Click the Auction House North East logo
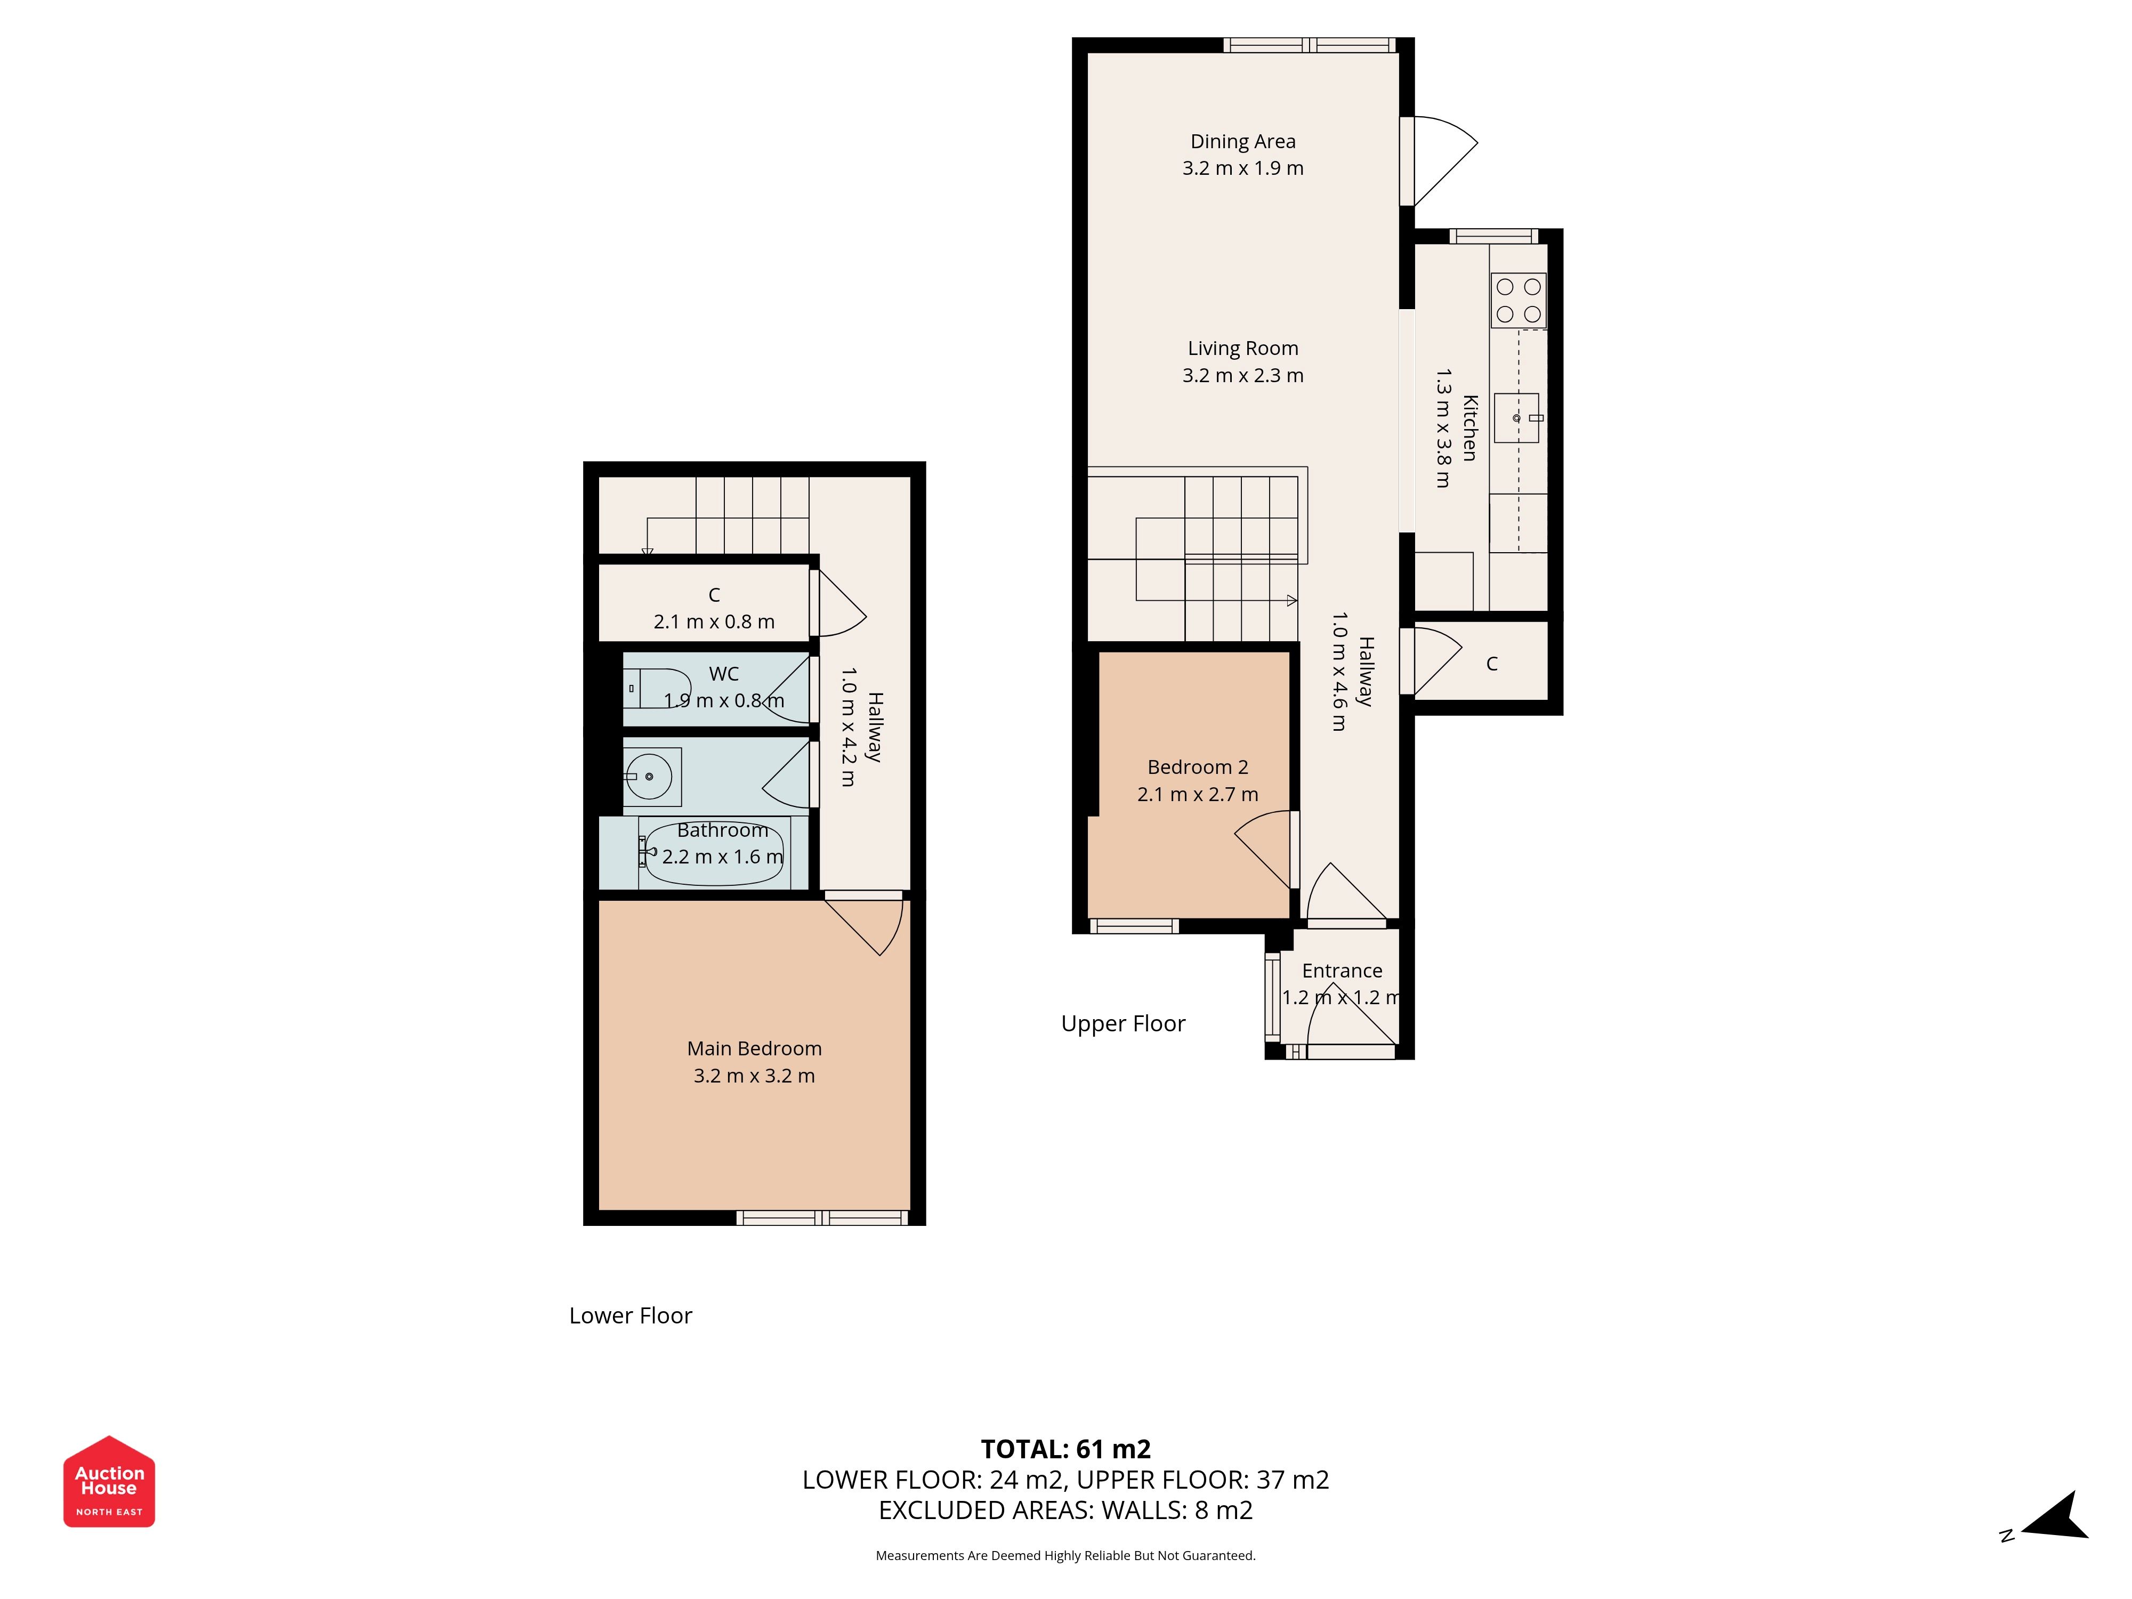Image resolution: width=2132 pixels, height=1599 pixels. (109, 1481)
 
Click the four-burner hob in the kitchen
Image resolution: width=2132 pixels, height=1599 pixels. (1518, 300)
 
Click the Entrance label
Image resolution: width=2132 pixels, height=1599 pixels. (1342, 971)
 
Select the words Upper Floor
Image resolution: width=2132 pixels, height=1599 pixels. (1123, 1023)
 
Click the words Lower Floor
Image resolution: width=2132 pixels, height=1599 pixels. (631, 1315)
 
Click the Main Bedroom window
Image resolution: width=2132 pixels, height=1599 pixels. (822, 1218)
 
